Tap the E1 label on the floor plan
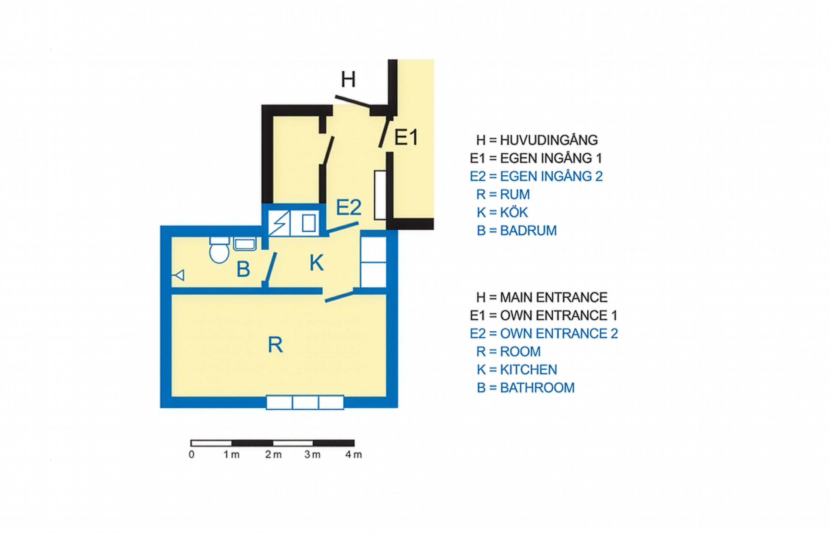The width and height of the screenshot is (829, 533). coord(406,137)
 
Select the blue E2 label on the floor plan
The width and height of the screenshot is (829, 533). coord(349,207)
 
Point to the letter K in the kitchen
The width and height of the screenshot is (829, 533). coord(316,263)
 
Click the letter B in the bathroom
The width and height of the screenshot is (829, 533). coord(243,269)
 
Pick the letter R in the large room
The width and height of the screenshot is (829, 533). coord(275,345)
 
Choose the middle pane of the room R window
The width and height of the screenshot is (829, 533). coord(305,402)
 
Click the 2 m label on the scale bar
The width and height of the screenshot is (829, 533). coord(273,454)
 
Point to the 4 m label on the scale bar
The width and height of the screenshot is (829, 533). coord(353,454)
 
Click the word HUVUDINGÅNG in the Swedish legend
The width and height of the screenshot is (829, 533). coord(549,140)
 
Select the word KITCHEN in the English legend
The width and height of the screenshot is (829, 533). coord(528,370)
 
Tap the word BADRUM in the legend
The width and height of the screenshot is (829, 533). coord(528,230)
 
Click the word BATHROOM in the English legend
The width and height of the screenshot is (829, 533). coord(537,388)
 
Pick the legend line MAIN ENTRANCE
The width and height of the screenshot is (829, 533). coord(542,297)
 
